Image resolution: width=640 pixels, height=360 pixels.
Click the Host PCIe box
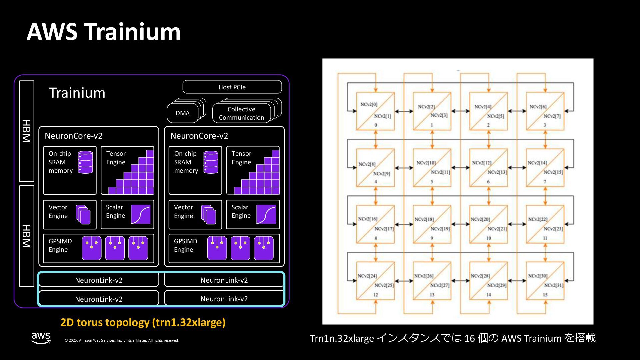click(232, 87)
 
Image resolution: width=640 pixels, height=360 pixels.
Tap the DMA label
click(183, 113)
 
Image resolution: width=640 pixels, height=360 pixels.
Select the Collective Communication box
click(241, 113)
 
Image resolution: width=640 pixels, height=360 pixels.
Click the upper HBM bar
click(27, 131)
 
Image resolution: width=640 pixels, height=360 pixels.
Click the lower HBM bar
click(27, 236)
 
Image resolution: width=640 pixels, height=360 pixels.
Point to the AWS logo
click(41, 338)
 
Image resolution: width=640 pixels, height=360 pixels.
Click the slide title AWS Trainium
click(104, 32)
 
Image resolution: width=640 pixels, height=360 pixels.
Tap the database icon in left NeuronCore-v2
click(86, 162)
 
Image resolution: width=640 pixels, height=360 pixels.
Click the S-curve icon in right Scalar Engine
click(266, 214)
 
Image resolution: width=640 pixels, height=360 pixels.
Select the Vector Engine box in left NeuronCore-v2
click(70, 214)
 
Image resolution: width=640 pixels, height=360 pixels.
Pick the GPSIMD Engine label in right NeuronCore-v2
click(186, 245)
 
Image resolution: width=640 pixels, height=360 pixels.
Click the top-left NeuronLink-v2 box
click(99, 280)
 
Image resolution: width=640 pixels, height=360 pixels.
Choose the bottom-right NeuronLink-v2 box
click(224, 299)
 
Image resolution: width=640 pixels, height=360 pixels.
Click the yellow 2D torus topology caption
click(143, 322)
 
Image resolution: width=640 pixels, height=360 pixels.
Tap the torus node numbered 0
click(376, 111)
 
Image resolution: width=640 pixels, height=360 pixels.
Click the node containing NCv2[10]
click(432, 168)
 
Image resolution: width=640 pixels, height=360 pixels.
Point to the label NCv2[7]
click(552, 116)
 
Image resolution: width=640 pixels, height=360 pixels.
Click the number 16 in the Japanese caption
click(469, 338)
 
